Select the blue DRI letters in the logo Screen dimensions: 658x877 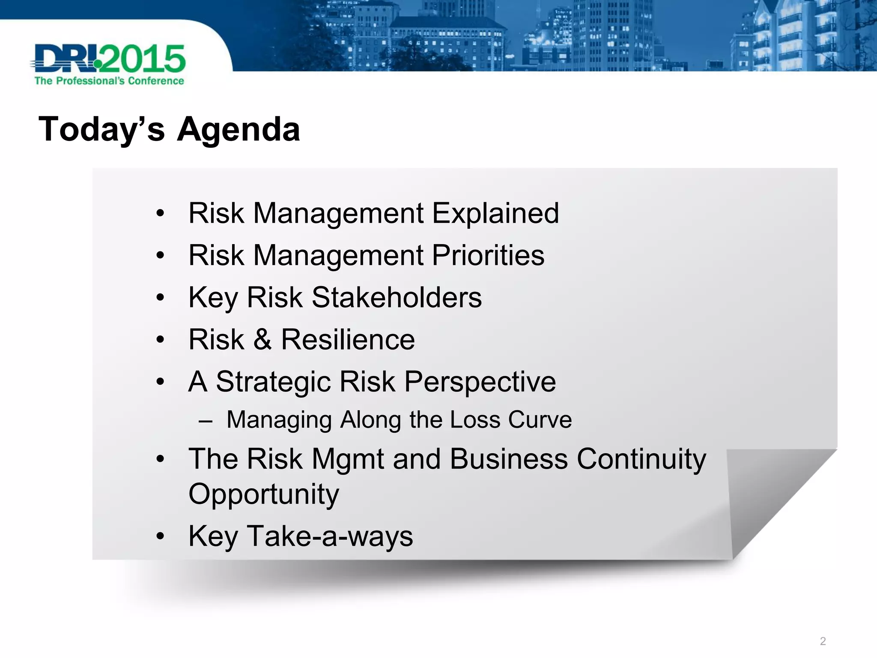pyautogui.click(x=64, y=59)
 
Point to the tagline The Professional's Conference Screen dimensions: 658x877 pyautogui.click(x=109, y=81)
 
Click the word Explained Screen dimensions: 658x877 pyautogui.click(x=495, y=213)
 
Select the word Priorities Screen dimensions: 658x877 pyautogui.click(x=488, y=255)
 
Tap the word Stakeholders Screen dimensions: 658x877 pyautogui.click(x=397, y=297)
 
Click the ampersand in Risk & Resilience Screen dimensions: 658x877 pyautogui.click(x=262, y=340)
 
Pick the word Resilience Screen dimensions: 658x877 pyautogui.click(x=348, y=340)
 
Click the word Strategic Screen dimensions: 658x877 pyautogui.click(x=273, y=382)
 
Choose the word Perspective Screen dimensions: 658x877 pyautogui.click(x=480, y=382)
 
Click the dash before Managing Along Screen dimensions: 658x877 pyautogui.click(x=206, y=421)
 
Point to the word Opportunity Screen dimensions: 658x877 pyautogui.click(x=264, y=494)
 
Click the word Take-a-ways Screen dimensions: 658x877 pyautogui.click(x=330, y=536)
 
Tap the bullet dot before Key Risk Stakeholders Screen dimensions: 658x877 pyautogui.click(x=160, y=297)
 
